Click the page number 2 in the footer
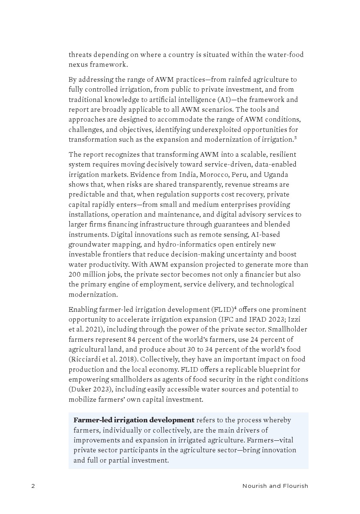pos(33,486)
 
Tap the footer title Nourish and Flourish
pos(275,486)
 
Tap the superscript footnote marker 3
pos(296,137)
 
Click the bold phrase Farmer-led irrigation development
pos(134,420)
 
